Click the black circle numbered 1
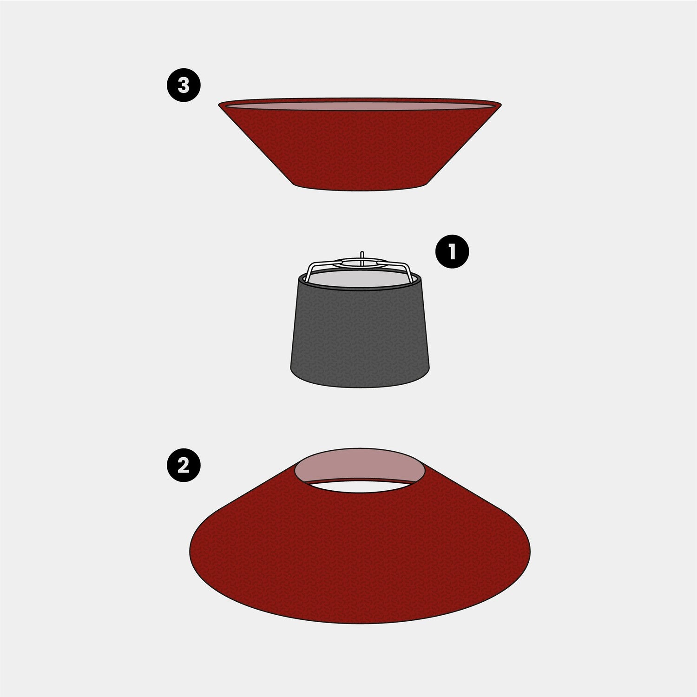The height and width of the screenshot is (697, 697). [x=452, y=251]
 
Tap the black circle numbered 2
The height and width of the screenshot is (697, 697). [x=184, y=465]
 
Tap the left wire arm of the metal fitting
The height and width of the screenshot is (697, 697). [x=310, y=272]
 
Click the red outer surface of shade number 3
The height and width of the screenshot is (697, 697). [x=360, y=149]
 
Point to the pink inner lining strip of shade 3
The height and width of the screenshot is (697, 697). [x=360, y=106]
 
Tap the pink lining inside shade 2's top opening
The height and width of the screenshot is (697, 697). [x=360, y=465]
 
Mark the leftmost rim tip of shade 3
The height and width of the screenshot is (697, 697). [x=219, y=104]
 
